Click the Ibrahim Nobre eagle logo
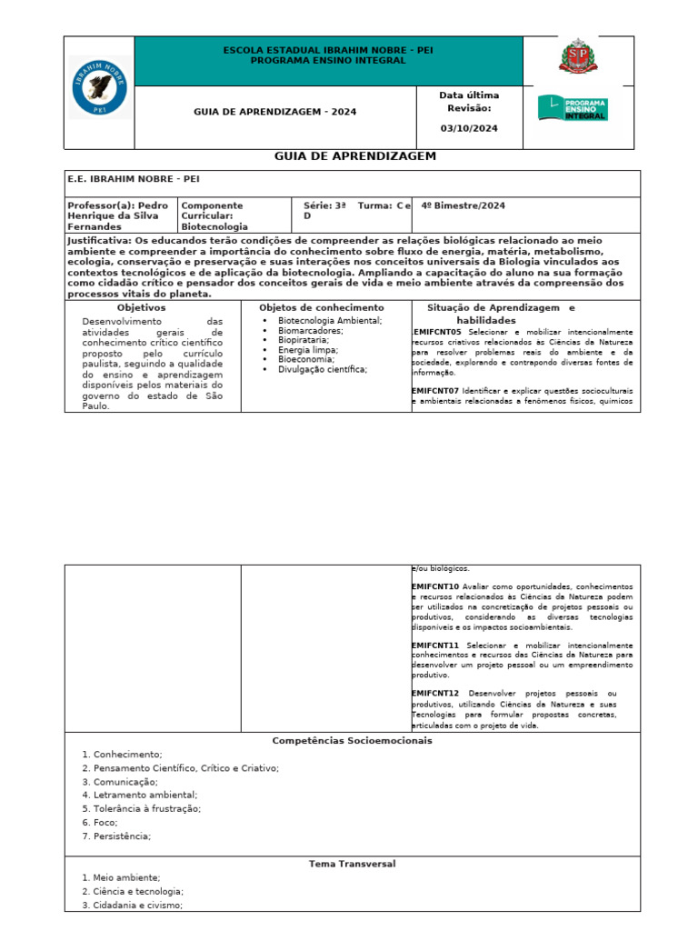(100, 87)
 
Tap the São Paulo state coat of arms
(573, 57)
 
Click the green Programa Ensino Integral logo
(573, 108)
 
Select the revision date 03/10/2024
(468, 128)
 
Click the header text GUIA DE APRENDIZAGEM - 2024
(275, 112)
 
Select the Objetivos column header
(141, 308)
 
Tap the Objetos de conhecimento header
(321, 308)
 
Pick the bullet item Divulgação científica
(322, 370)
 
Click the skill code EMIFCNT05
(437, 333)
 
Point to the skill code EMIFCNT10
(436, 587)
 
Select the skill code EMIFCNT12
(436, 694)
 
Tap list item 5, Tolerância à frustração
(146, 808)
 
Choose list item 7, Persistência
(122, 836)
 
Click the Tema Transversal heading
(352, 864)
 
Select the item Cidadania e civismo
(137, 906)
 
